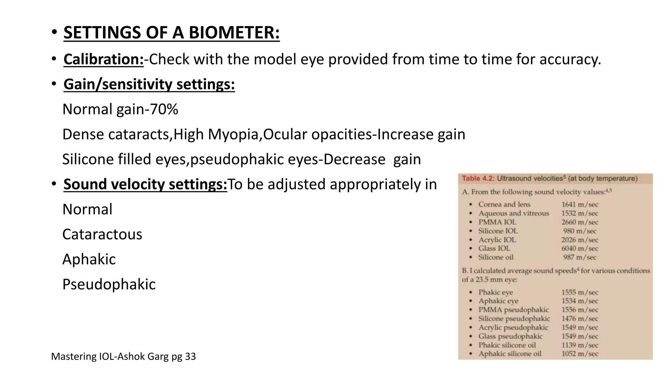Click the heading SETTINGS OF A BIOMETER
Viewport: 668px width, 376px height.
[x=171, y=33]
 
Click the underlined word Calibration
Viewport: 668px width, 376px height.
[x=103, y=59]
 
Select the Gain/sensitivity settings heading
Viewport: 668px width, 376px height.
[x=149, y=84]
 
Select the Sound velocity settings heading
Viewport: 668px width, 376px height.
[x=145, y=184]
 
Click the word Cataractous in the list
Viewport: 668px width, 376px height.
[x=102, y=234]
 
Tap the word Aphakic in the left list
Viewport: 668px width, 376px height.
[x=89, y=259]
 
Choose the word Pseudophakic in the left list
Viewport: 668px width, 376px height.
[x=109, y=284]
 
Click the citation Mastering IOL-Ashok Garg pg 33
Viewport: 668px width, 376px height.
[x=123, y=356]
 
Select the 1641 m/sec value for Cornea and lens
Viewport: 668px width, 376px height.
[x=580, y=205]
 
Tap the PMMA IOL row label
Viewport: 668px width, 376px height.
[x=497, y=222]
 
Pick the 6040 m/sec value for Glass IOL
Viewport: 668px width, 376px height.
[x=580, y=248]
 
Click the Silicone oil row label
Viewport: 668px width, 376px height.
[x=495, y=257]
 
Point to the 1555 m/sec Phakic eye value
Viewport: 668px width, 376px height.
[x=580, y=292]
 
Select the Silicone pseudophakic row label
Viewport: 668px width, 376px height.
[x=514, y=319]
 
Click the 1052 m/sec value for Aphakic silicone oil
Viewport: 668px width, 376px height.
[x=580, y=354]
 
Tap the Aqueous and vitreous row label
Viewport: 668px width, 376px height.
[x=513, y=213]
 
